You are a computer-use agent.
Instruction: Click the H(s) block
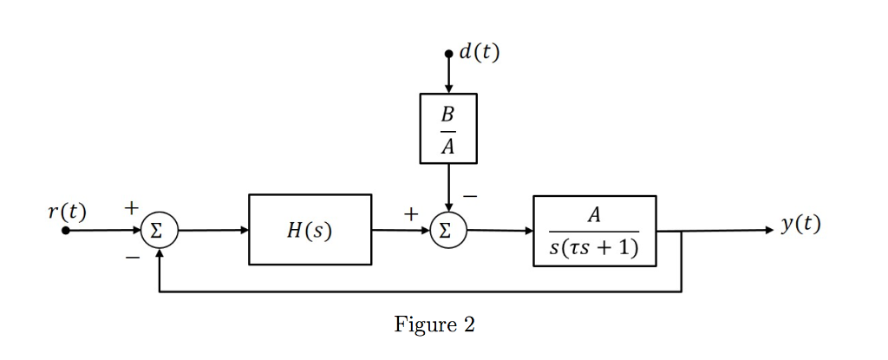[x=310, y=230]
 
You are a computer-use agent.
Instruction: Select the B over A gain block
[x=448, y=128]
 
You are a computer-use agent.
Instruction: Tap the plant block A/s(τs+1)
[x=594, y=231]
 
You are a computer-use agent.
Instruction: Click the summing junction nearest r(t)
[x=159, y=231]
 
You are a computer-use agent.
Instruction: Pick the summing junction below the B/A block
[x=448, y=231]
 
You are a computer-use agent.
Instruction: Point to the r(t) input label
[x=67, y=211]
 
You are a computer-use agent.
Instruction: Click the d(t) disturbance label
[x=479, y=52]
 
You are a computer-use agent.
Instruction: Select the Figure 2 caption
[x=434, y=324]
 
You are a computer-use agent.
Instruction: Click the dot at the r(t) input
[x=66, y=231]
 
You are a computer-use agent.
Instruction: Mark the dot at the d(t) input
[x=448, y=54]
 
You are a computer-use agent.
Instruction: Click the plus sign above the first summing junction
[x=131, y=208]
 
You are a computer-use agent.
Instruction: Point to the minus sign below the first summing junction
[x=131, y=258]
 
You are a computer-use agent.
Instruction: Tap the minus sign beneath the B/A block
[x=469, y=197]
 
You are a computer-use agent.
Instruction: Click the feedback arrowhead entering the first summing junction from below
[x=159, y=252]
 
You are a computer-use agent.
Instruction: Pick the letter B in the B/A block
[x=447, y=114]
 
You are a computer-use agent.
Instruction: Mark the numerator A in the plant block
[x=594, y=214]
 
